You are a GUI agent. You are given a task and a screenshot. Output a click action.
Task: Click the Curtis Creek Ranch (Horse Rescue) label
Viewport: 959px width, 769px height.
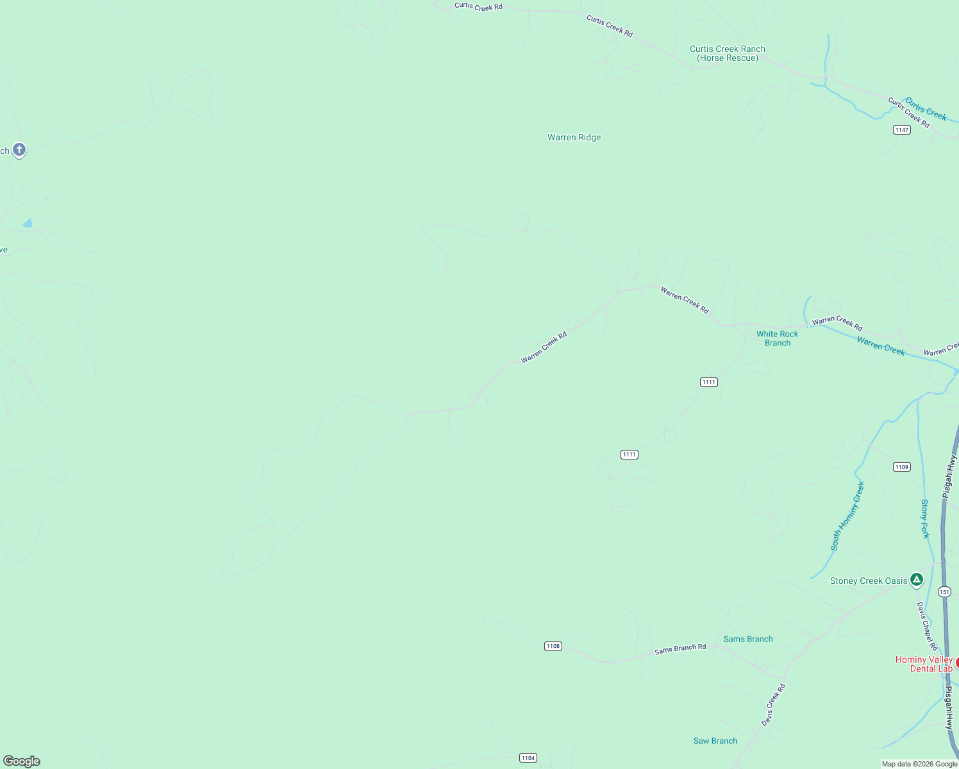[x=727, y=53]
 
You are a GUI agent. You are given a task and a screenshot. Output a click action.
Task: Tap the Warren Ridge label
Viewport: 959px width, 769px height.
[x=574, y=137]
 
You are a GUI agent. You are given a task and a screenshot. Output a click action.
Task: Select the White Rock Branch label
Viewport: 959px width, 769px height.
[x=777, y=338]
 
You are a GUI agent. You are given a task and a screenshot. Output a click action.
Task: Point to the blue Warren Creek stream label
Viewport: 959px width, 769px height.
[x=881, y=346]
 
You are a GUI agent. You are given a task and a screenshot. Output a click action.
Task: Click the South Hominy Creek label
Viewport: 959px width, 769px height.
[x=847, y=516]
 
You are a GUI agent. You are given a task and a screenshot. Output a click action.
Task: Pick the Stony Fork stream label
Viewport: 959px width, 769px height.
[x=924, y=518]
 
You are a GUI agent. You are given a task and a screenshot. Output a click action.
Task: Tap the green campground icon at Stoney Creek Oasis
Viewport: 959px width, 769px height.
[x=917, y=580]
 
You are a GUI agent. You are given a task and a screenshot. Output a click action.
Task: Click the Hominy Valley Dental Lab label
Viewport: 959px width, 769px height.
[x=924, y=664]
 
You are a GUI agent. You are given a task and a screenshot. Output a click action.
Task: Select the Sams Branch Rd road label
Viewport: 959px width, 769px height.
[x=680, y=649]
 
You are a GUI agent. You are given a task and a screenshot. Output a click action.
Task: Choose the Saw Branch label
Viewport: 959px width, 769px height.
[x=715, y=741]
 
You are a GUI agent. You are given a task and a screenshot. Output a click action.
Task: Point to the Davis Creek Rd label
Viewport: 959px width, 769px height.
[x=773, y=705]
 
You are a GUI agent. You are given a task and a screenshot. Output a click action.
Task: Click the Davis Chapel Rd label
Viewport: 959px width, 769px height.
[x=926, y=626]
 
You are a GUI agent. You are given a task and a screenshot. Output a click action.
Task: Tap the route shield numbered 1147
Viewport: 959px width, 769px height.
[x=901, y=130]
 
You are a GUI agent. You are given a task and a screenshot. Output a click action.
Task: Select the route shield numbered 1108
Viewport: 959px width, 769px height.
[x=553, y=646]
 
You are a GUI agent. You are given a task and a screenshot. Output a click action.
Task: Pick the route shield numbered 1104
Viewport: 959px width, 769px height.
[x=528, y=757]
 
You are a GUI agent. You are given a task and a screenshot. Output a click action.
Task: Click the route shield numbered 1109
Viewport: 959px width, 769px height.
[x=901, y=467]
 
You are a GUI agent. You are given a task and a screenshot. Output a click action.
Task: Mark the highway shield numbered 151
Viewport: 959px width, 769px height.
[x=944, y=591]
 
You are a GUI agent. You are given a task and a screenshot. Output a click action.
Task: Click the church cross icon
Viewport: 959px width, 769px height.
[x=19, y=150]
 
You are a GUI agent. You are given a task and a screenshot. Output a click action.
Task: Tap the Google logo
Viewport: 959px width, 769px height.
[x=22, y=761]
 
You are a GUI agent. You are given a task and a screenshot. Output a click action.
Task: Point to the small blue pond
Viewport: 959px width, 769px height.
[x=28, y=224]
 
